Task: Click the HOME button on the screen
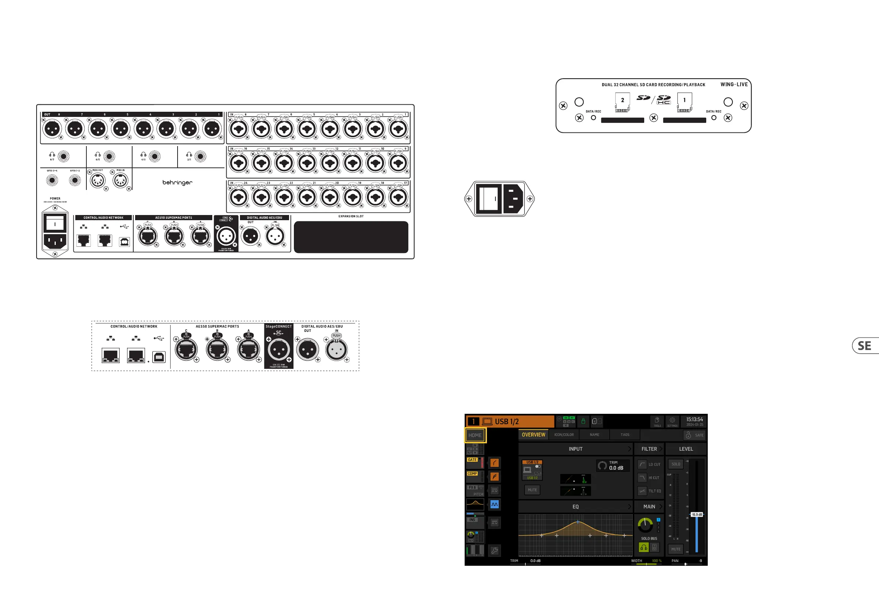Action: coord(475,435)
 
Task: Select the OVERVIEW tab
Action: coord(533,435)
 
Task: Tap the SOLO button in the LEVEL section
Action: coord(676,464)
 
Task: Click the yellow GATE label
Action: coord(472,460)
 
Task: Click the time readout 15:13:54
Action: coord(694,419)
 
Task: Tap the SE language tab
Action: coord(865,346)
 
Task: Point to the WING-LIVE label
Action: coord(734,84)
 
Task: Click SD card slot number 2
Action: coord(622,120)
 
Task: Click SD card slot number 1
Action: coord(684,120)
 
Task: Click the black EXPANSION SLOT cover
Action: coord(351,237)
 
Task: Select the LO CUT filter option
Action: coord(649,464)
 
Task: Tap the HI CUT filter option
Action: coord(649,478)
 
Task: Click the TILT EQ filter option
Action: coord(649,491)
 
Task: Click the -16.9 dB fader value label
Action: coord(696,515)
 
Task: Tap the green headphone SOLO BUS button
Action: coord(643,547)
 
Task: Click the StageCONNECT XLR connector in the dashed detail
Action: coord(279,350)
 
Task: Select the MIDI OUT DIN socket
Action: coord(97,181)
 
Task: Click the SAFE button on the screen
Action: coord(695,435)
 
